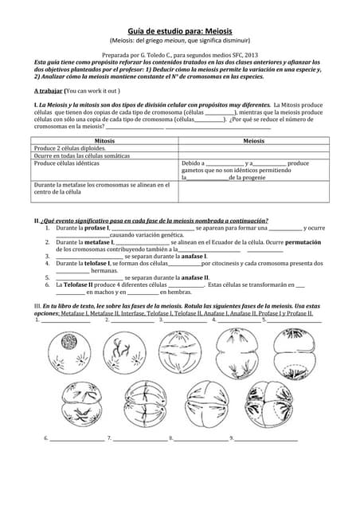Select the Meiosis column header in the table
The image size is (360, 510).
(x=253, y=140)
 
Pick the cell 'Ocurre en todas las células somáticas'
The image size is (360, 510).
(x=81, y=155)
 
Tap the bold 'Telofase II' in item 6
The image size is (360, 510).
(x=79, y=284)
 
